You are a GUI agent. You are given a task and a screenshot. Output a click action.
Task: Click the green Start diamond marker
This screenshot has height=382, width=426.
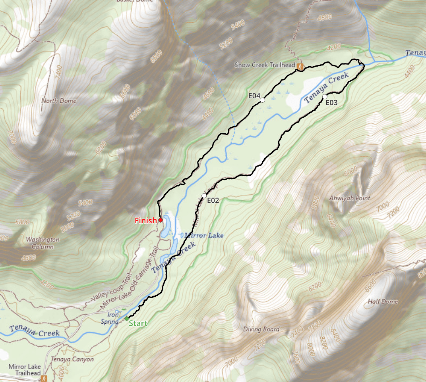[x=126, y=319]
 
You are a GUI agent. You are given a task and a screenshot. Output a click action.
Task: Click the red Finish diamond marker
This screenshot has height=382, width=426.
[x=161, y=220]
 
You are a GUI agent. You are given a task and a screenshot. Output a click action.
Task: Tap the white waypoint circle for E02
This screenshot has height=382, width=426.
[x=204, y=196]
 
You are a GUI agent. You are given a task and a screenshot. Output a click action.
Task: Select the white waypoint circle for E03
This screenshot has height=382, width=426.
[x=325, y=96]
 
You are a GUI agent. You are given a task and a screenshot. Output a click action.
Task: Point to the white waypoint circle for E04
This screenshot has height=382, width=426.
[x=262, y=100]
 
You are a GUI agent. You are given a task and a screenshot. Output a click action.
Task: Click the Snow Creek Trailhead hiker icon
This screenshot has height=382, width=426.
[x=301, y=66]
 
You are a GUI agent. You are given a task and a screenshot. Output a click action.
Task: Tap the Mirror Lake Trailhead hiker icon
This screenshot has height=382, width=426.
[x=45, y=378]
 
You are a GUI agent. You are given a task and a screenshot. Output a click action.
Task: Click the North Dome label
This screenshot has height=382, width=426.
[x=59, y=101]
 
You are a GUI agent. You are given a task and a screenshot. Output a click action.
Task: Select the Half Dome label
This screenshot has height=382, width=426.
[x=383, y=301]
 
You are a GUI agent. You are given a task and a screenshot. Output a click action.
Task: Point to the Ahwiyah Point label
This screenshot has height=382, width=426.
[x=350, y=198]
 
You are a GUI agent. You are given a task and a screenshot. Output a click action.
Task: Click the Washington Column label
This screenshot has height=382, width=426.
[x=43, y=243]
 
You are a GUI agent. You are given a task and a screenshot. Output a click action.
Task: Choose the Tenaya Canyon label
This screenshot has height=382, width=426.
[x=72, y=359]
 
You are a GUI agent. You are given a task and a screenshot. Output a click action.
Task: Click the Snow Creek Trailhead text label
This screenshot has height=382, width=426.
[x=265, y=65]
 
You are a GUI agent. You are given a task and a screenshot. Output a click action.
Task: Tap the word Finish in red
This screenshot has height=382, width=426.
[x=145, y=221]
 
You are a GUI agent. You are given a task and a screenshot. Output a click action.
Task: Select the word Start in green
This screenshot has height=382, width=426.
[x=138, y=324]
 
